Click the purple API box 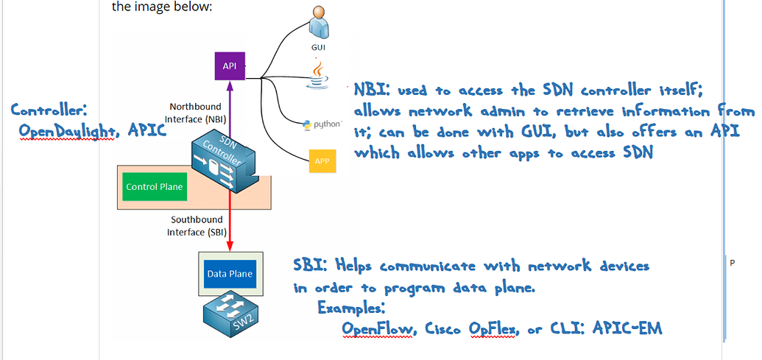pyautogui.click(x=229, y=66)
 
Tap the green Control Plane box pyautogui.click(x=155, y=187)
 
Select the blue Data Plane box pyautogui.click(x=230, y=274)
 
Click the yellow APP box pyautogui.click(x=322, y=160)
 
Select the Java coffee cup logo pyautogui.click(x=319, y=74)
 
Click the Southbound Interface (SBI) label pyautogui.click(x=196, y=225)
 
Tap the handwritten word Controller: pyautogui.click(x=49, y=110)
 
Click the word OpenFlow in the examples pyautogui.click(x=380, y=330)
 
